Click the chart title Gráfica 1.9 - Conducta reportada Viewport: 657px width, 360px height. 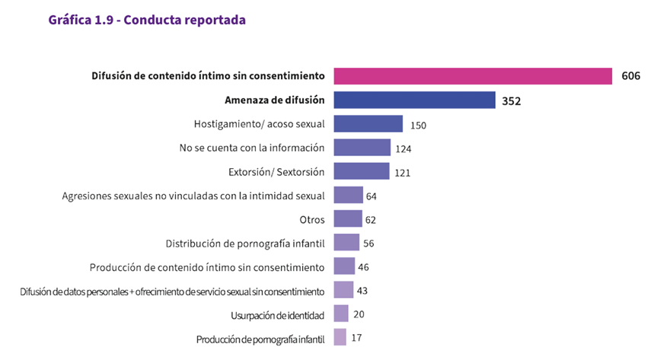pos(146,21)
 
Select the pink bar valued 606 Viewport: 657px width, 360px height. pos(473,76)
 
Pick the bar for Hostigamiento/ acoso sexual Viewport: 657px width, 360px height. pos(368,123)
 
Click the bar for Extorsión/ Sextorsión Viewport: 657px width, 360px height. pos(362,171)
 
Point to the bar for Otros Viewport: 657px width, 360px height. pos(348,219)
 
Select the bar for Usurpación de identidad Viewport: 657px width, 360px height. pos(341,314)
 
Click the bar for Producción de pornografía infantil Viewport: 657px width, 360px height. pos(340,338)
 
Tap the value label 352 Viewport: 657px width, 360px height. pos(511,100)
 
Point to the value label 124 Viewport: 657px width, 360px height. pos(403,148)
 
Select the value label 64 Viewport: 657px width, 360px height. pos(372,196)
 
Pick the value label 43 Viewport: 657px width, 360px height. pos(362,291)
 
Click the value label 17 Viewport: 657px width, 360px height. pos(357,339)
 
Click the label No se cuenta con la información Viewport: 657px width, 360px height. pos(252,148)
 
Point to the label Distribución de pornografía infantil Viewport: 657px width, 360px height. pos(245,244)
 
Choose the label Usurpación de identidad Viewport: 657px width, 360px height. pos(277,315)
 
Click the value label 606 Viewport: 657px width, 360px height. pos(630,76)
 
